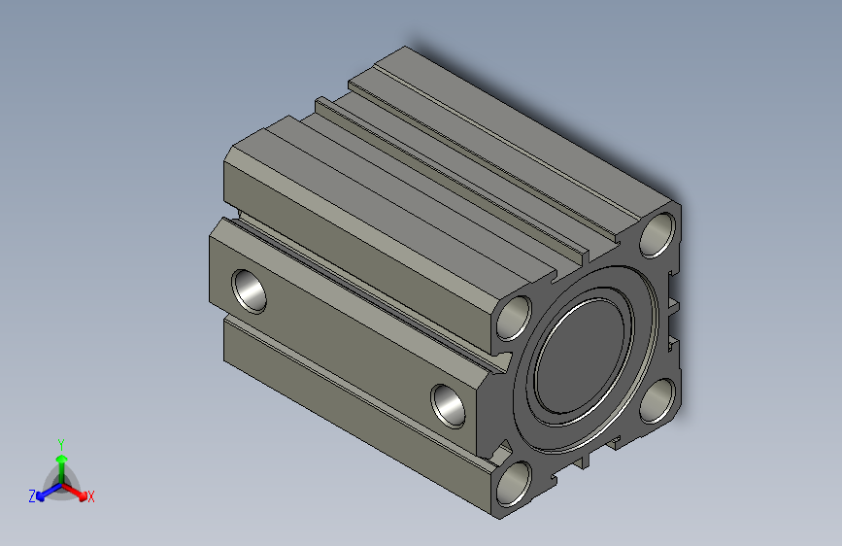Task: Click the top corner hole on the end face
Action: (657, 235)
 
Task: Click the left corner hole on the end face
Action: (514, 318)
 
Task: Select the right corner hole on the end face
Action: (657, 401)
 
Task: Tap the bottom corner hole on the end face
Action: (514, 484)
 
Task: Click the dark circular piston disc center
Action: (581, 357)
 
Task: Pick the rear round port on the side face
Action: (250, 291)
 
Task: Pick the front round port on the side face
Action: (449, 406)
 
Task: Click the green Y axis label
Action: (61, 445)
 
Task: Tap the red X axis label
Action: (90, 497)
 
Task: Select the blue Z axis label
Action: (32, 496)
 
